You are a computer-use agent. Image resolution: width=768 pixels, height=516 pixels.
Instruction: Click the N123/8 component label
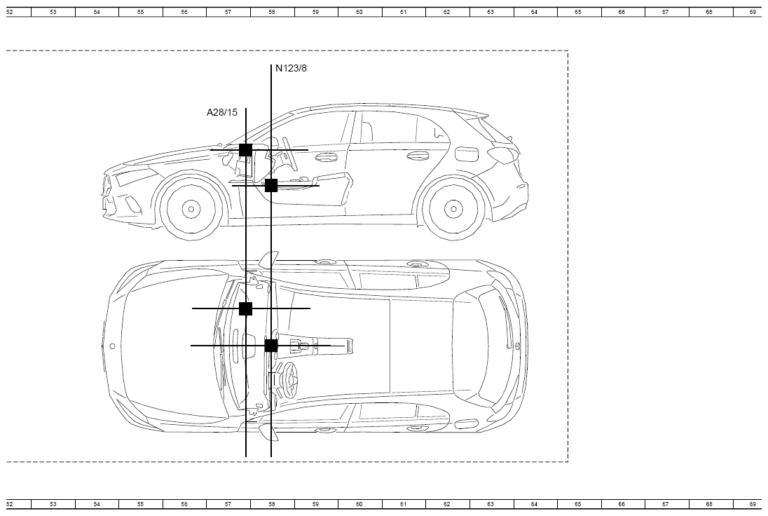point(291,68)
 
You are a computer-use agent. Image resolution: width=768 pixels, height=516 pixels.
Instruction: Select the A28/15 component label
point(222,112)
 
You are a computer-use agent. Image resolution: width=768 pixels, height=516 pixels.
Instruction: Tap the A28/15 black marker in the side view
point(245,150)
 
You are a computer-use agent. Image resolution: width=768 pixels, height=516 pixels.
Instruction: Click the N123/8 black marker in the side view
point(271,186)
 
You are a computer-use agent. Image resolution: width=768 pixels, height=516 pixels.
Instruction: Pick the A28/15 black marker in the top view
point(245,308)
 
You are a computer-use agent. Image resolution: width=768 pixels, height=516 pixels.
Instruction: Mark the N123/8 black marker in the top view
point(271,346)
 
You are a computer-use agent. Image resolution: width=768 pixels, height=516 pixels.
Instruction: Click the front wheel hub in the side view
point(191,209)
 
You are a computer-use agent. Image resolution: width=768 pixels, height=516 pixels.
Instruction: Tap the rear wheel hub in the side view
point(453,209)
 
